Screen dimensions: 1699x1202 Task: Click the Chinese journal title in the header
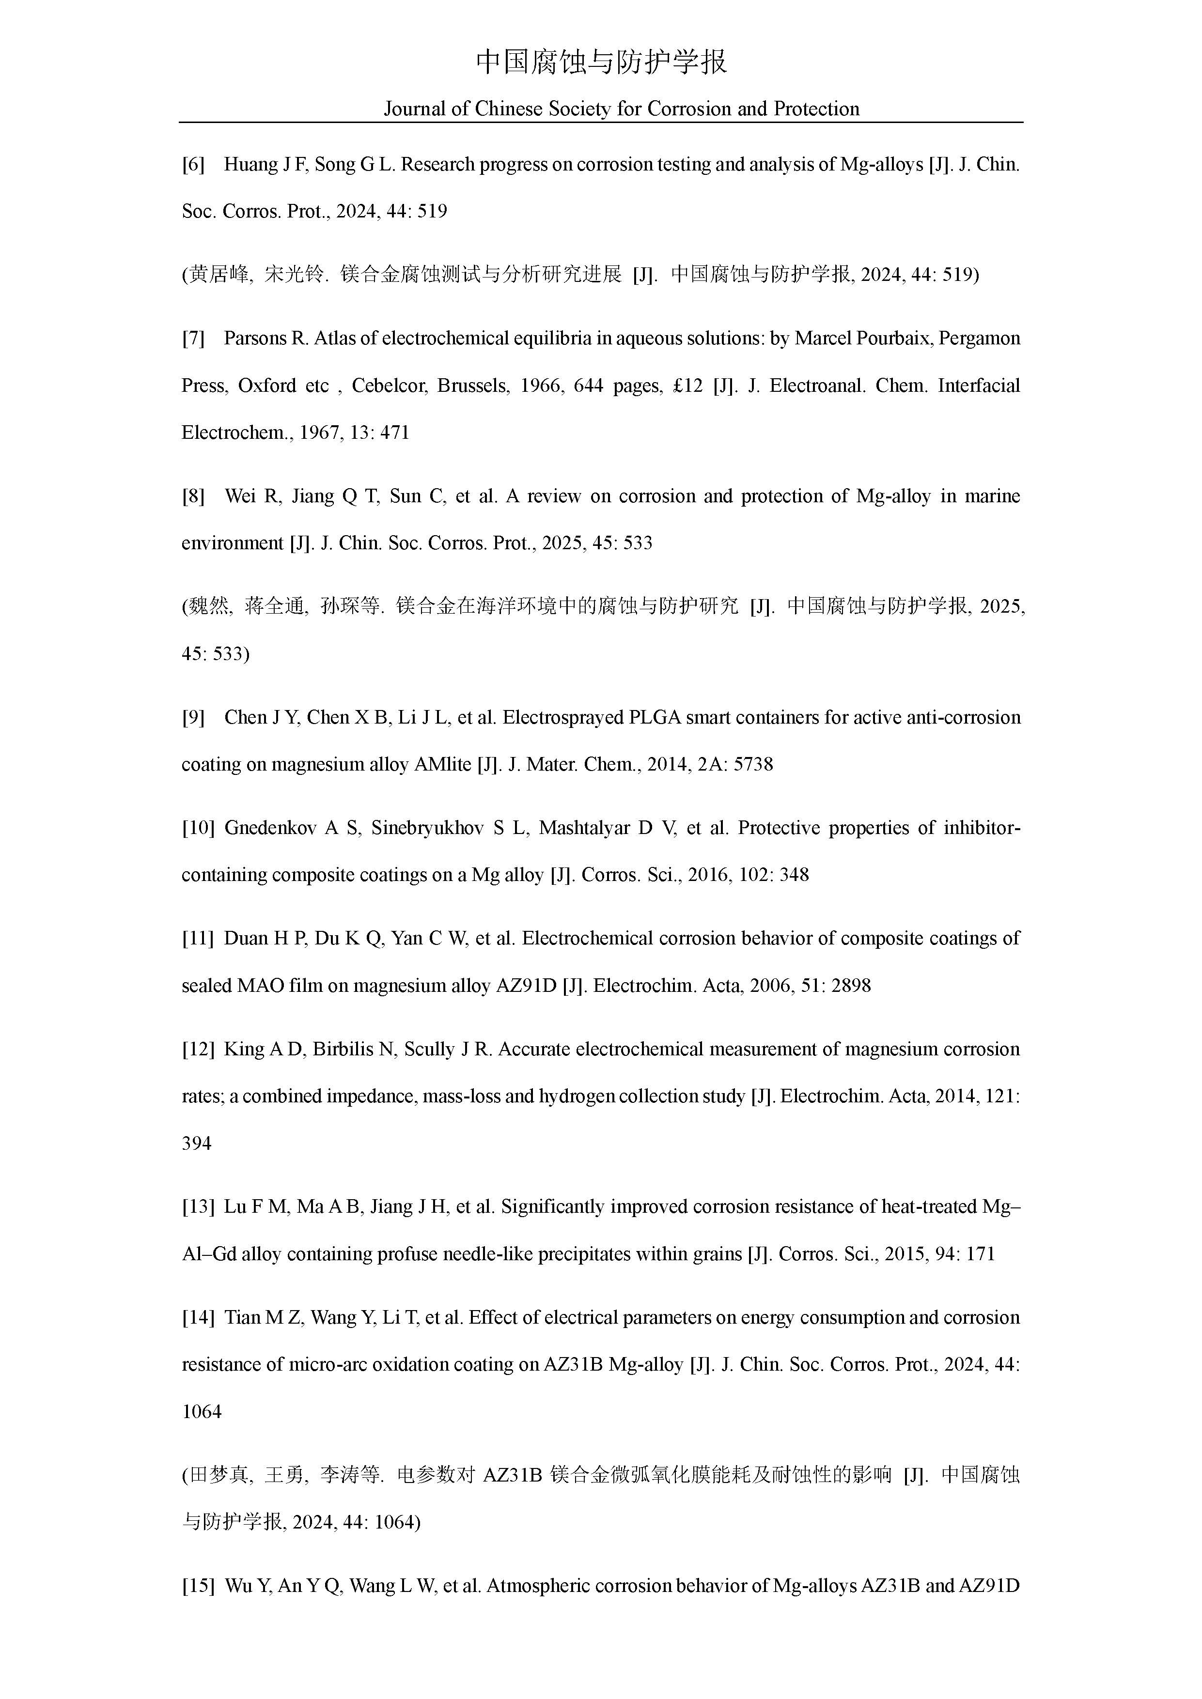click(601, 62)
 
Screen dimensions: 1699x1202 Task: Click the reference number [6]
click(193, 165)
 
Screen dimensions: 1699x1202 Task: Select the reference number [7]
click(193, 339)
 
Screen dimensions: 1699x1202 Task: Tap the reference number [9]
click(193, 718)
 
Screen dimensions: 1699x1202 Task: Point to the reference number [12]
click(197, 1050)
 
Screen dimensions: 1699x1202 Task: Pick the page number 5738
click(753, 764)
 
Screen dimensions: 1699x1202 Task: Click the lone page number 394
click(197, 1144)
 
